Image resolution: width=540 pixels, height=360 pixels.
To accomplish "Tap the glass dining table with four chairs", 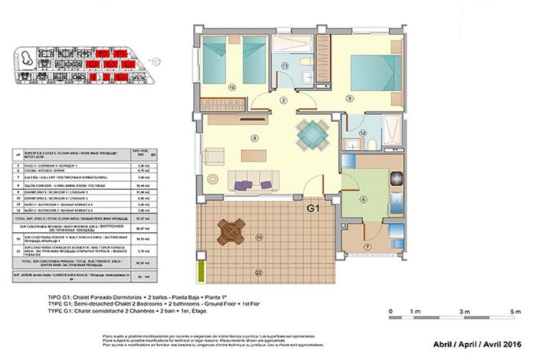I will point(311,135).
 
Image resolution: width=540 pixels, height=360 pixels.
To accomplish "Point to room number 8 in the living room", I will point(253,138).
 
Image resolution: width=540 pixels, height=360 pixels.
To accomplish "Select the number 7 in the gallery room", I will point(366,247).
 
